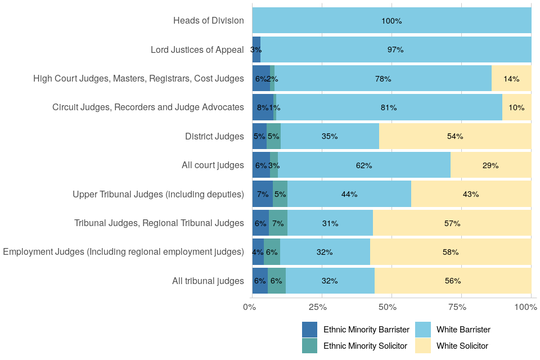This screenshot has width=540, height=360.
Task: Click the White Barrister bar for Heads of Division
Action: [391, 21]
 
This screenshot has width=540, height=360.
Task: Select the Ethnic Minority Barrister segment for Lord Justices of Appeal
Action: [256, 49]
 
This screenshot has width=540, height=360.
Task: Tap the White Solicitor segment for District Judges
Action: [455, 136]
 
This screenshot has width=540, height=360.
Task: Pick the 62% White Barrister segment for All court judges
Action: [364, 165]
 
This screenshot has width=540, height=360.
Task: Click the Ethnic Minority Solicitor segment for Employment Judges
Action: [272, 252]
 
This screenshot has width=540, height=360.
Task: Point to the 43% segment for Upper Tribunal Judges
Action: [471, 194]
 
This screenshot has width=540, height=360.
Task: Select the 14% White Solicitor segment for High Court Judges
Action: [511, 79]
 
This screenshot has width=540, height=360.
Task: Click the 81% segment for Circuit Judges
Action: [389, 107]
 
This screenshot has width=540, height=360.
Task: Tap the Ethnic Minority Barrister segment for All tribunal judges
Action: [260, 281]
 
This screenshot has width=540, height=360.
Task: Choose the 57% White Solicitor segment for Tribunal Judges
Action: [452, 223]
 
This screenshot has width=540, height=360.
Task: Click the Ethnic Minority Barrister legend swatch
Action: [310, 330]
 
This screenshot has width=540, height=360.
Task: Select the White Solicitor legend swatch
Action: [422, 345]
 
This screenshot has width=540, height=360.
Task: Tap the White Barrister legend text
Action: [463, 330]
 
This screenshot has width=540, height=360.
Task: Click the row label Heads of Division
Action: [209, 21]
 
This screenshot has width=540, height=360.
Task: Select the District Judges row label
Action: [214, 136]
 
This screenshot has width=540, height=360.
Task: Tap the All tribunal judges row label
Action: [208, 281]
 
